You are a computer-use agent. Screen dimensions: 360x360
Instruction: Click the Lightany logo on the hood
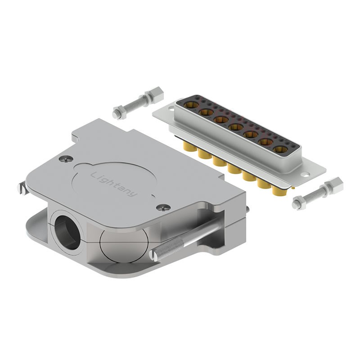pos(114,184)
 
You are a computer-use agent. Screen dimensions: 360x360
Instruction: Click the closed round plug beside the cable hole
pos(118,246)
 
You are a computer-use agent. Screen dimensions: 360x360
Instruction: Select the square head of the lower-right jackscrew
pos(337,184)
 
